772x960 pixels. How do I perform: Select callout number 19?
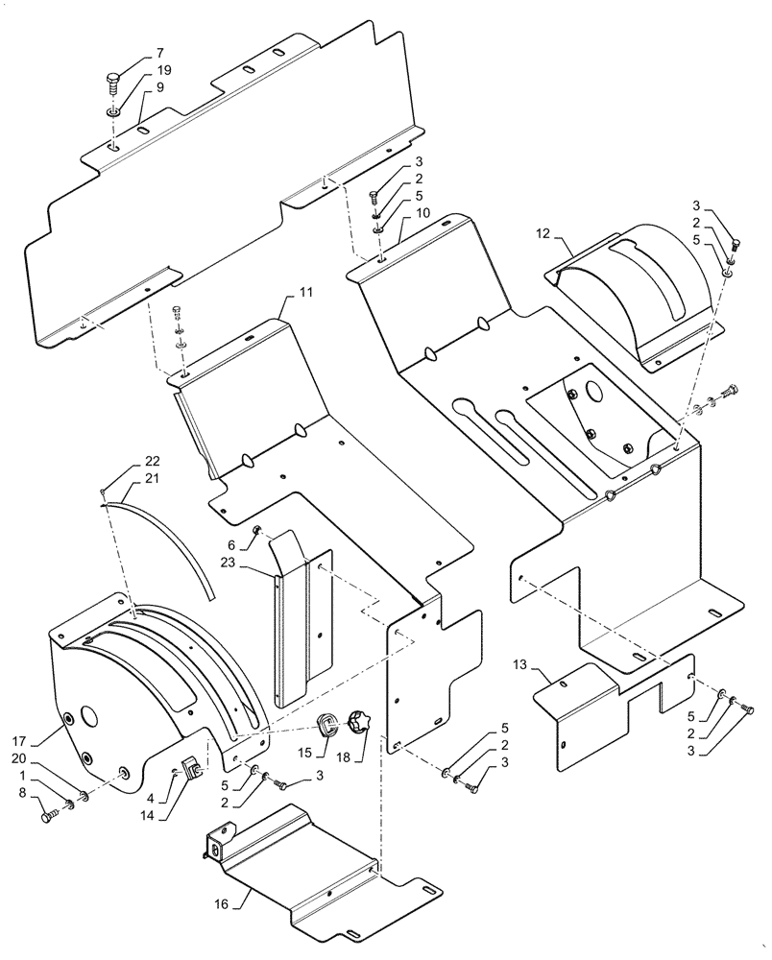(x=164, y=70)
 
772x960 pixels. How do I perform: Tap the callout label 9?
(x=160, y=87)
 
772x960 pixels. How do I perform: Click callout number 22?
(x=154, y=461)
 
